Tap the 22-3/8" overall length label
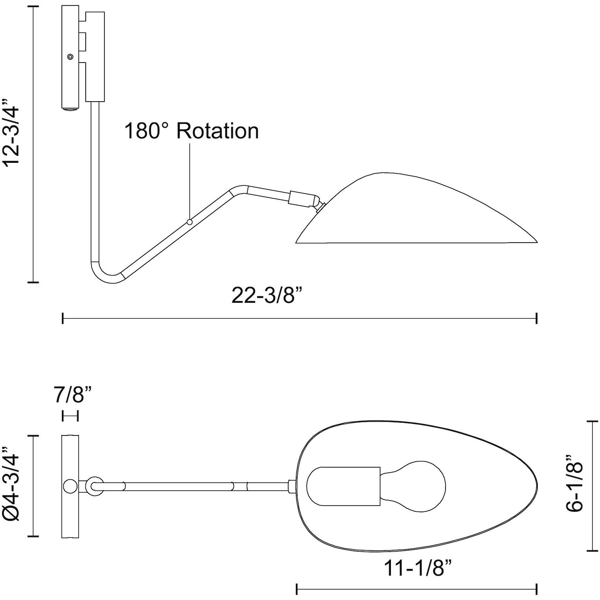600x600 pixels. [x=269, y=296]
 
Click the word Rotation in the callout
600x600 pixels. [x=218, y=131]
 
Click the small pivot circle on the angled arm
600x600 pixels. [x=189, y=222]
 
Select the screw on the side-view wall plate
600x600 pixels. [x=71, y=57]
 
